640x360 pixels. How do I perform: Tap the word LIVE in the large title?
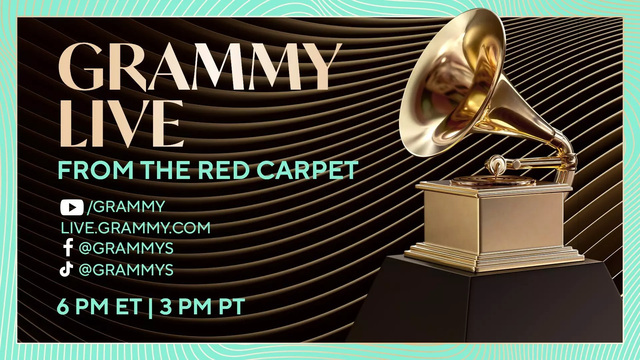tap(122, 123)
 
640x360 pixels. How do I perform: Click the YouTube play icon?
tap(72, 207)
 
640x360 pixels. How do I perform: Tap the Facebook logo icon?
tap(68, 248)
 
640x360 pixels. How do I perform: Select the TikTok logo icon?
tap(66, 269)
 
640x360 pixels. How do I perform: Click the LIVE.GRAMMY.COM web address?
tap(136, 228)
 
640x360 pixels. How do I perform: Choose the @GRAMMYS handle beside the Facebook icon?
tap(126, 248)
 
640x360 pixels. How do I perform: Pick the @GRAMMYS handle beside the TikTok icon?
tap(126, 270)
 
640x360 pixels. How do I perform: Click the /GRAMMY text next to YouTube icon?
tap(126, 207)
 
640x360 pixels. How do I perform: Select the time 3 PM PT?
tap(202, 307)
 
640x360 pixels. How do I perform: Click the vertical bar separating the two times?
tap(151, 308)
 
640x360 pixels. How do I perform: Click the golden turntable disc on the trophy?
tap(493, 182)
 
